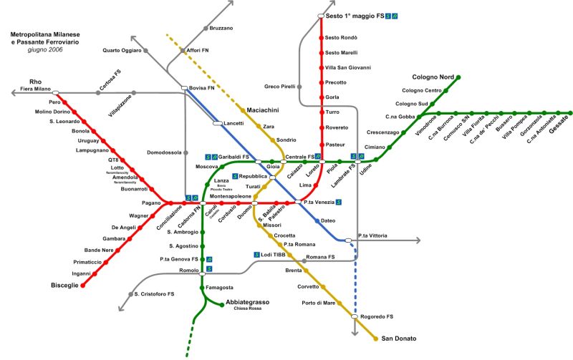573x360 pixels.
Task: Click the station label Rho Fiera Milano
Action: point(36,84)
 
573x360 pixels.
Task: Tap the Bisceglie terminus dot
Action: point(82,285)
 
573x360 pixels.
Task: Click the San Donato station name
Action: point(399,339)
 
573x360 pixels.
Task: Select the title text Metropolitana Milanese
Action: point(45,34)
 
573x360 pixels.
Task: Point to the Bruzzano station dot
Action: point(206,28)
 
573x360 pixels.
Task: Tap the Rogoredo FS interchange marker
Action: point(354,316)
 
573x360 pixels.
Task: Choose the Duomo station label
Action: point(244,213)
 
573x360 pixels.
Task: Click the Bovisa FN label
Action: point(203,87)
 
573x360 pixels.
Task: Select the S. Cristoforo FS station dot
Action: point(130,293)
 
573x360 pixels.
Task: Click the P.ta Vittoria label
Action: point(372,235)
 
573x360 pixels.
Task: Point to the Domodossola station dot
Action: point(185,152)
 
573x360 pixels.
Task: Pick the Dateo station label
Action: point(328,220)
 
